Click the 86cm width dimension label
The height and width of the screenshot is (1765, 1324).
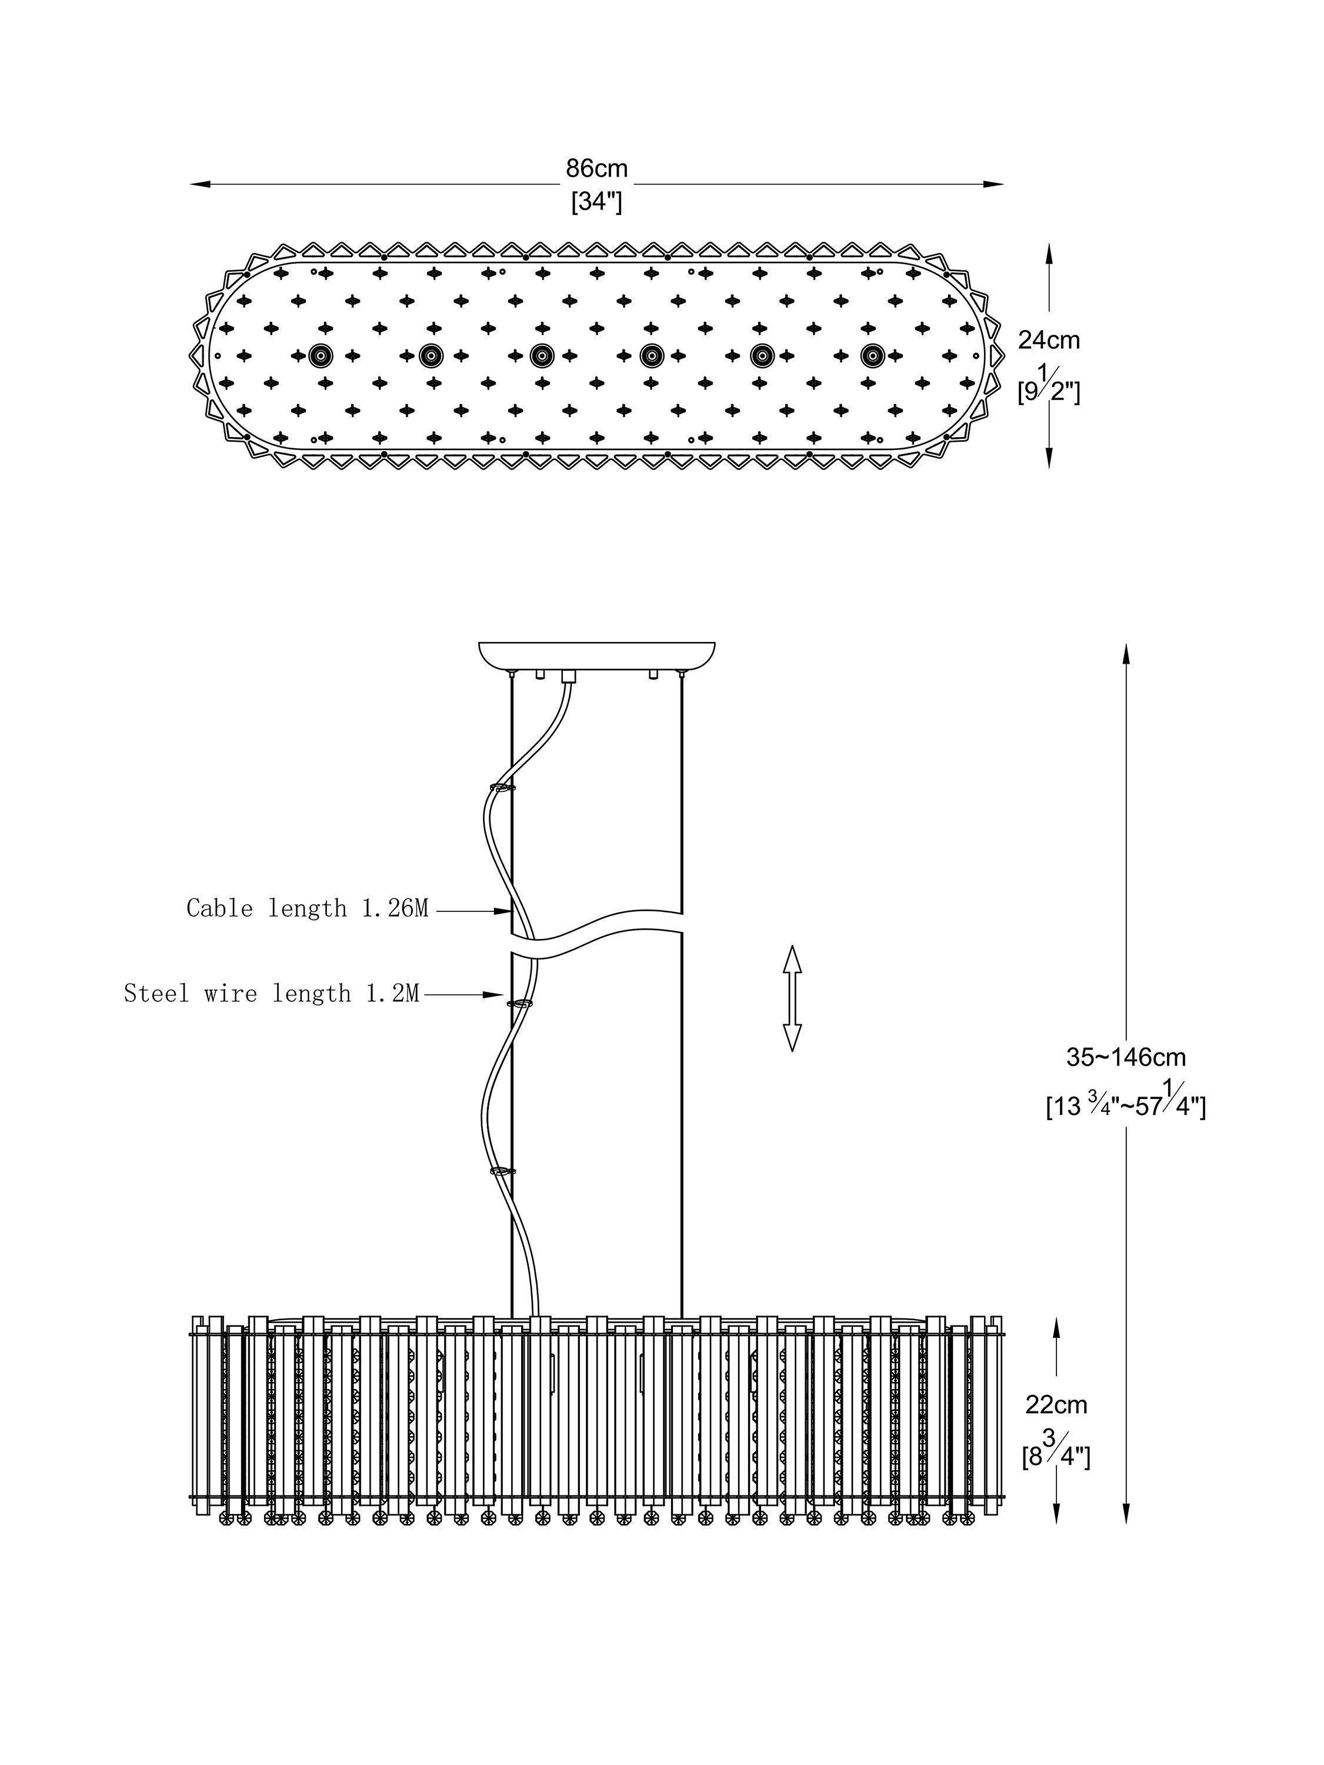596,168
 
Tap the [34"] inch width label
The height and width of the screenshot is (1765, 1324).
596,202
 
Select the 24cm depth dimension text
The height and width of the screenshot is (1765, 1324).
1049,340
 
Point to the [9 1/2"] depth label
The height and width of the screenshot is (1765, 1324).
1049,386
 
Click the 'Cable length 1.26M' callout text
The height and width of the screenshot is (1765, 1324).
308,908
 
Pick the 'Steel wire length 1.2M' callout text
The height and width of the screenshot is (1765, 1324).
271,994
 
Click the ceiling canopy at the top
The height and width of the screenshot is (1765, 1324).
596,656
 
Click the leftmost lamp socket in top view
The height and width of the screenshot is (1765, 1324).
321,356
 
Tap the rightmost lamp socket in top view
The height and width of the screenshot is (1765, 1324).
872,356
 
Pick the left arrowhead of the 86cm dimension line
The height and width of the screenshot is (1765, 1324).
200,184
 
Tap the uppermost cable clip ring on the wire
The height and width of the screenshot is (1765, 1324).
502,789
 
